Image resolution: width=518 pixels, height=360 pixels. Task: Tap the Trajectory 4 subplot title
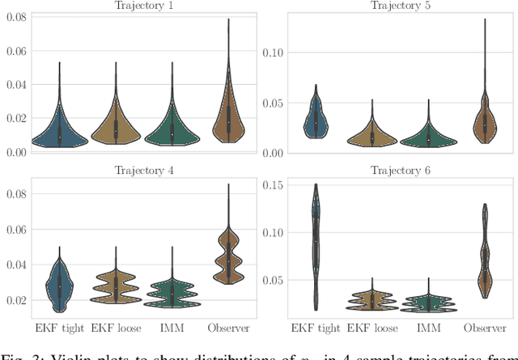click(141, 171)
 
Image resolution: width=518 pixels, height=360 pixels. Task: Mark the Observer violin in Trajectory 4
click(228, 257)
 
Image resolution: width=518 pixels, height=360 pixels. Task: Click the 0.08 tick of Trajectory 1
click(17, 15)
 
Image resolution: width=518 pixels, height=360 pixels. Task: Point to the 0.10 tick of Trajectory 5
click(275, 53)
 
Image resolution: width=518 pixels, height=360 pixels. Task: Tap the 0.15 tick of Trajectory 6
click(275, 185)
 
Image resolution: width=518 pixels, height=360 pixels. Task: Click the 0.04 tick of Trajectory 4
click(17, 265)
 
